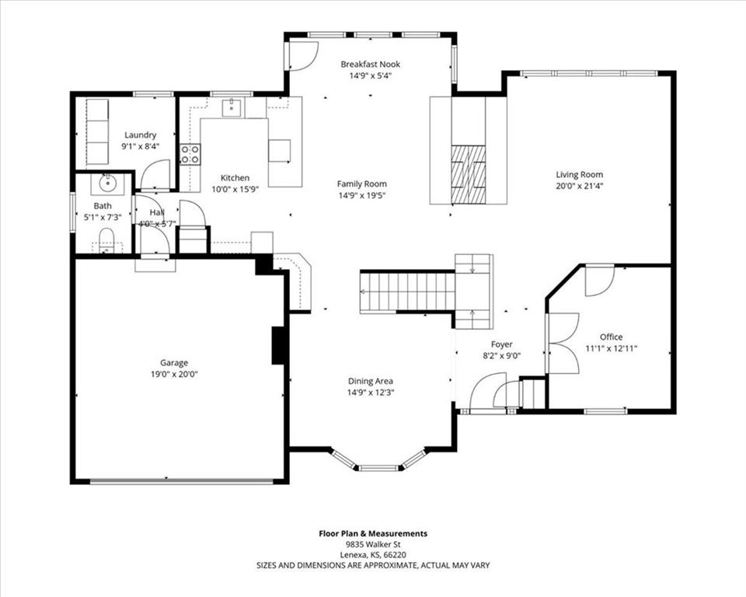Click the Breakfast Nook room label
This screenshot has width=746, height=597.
[370, 64]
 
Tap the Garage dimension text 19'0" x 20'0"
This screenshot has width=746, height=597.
[174, 374]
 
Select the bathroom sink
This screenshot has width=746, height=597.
[107, 183]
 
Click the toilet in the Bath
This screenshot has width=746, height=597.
[106, 240]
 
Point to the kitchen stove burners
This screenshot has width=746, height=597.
[190, 154]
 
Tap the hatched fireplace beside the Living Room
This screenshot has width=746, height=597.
[468, 174]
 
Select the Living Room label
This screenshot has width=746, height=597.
[580, 174]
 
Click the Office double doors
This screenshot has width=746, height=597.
[563, 343]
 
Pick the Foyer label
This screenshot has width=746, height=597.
[501, 344]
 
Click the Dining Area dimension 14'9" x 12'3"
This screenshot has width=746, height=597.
[371, 393]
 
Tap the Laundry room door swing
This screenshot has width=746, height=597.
[155, 175]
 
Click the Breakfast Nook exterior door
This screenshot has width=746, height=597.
[303, 56]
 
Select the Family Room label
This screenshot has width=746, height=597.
[361, 183]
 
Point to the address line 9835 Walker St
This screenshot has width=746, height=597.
[373, 544]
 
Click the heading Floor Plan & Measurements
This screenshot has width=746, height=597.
[373, 534]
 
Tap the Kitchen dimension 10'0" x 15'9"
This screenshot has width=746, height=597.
[235, 190]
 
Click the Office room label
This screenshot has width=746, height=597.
[611, 337]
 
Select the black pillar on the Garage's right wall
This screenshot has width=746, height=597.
[278, 346]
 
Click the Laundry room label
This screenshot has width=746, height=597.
[141, 135]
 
